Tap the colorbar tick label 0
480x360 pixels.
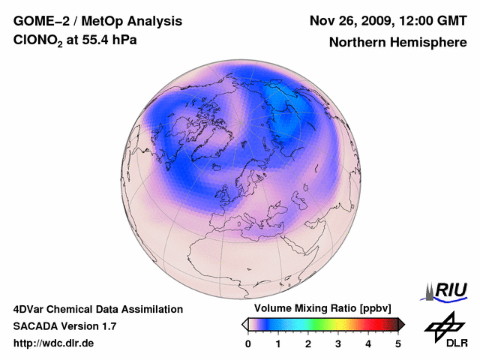click(x=248, y=343)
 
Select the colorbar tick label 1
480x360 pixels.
click(x=278, y=343)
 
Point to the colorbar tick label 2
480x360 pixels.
click(x=308, y=343)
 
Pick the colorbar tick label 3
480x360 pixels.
click(x=338, y=343)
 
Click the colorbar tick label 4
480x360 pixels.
click(x=368, y=343)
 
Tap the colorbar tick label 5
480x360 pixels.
click(x=398, y=343)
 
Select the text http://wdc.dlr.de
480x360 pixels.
click(x=54, y=343)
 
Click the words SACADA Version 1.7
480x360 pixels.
click(x=64, y=326)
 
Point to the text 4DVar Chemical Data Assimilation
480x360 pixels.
click(x=97, y=309)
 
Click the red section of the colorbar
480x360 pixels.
click(x=371, y=324)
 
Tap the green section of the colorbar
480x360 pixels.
click(x=319, y=324)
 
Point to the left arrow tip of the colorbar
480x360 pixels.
click(x=243, y=324)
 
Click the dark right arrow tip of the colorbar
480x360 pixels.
click(x=403, y=324)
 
